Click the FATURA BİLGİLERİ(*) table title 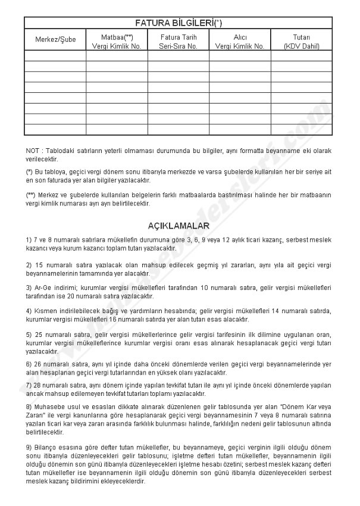point(179,23)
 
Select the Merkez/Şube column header point(55,40)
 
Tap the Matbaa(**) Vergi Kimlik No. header point(117,40)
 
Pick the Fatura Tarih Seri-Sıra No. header point(178,40)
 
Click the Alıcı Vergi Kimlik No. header point(240,40)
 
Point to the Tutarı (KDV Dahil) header point(301,40)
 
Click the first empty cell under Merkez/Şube point(55,55)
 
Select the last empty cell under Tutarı point(301,130)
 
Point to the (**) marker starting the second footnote point(30,195)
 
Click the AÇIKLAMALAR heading point(178,226)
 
